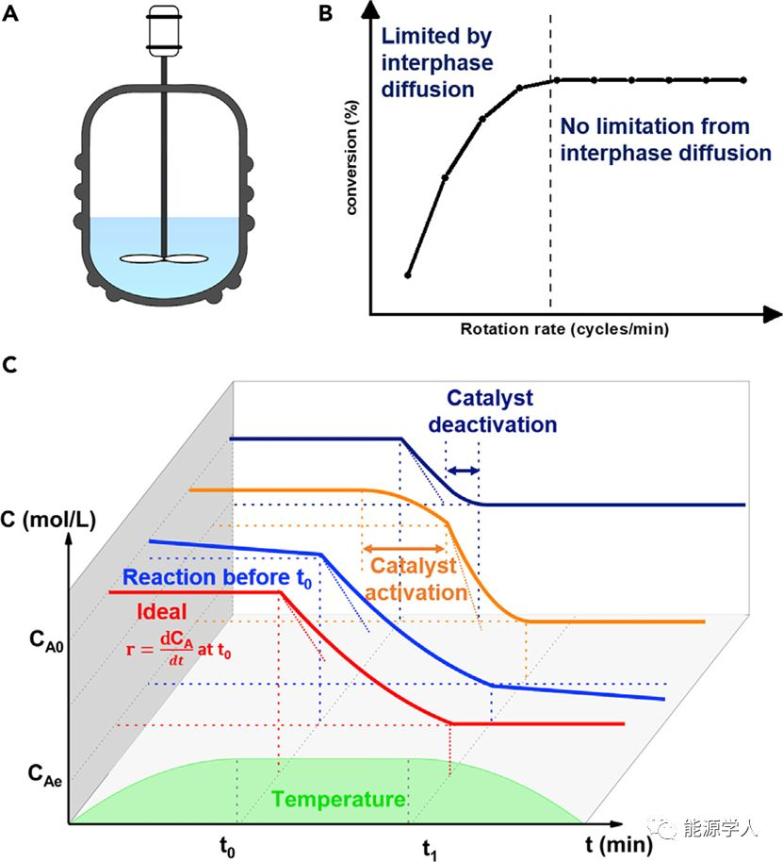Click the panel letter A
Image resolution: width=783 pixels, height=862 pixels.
[12, 12]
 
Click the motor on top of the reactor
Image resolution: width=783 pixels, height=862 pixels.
[164, 28]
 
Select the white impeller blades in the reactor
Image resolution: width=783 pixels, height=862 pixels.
[164, 257]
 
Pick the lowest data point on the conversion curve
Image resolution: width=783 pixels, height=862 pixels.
[408, 274]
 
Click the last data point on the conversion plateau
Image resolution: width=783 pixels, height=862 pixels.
[743, 80]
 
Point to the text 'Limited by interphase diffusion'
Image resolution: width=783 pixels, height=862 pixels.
[435, 63]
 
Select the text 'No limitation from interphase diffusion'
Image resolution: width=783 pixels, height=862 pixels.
[665, 139]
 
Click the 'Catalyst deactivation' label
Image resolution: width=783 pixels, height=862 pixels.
[493, 410]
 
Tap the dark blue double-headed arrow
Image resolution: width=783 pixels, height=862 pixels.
[463, 470]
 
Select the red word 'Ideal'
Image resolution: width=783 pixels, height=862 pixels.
[161, 610]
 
